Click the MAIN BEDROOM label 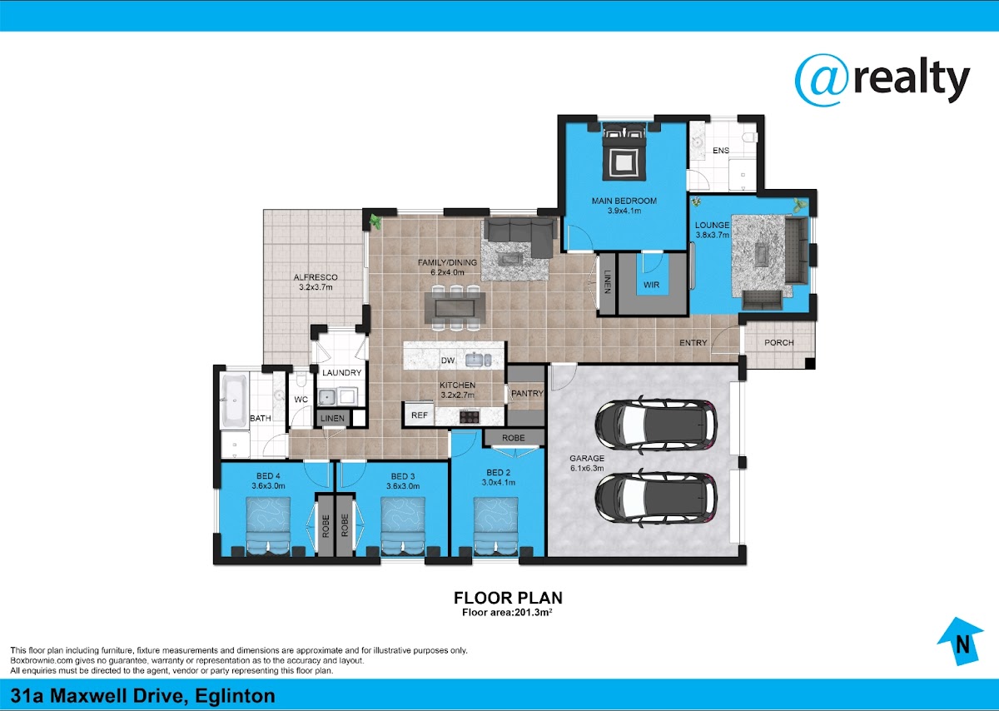click(x=624, y=201)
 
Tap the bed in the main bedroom click(x=624, y=152)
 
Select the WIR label click(x=651, y=285)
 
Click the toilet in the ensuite click(x=751, y=137)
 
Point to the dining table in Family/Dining click(x=455, y=308)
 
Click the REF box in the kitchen click(x=420, y=415)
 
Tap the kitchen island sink click(x=478, y=360)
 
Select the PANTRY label click(x=527, y=394)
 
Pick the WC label click(x=301, y=400)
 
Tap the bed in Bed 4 click(x=268, y=527)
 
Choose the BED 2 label click(x=498, y=472)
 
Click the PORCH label click(x=778, y=342)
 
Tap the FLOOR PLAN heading click(x=508, y=598)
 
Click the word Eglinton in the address click(x=235, y=696)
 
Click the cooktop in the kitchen click(x=470, y=416)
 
